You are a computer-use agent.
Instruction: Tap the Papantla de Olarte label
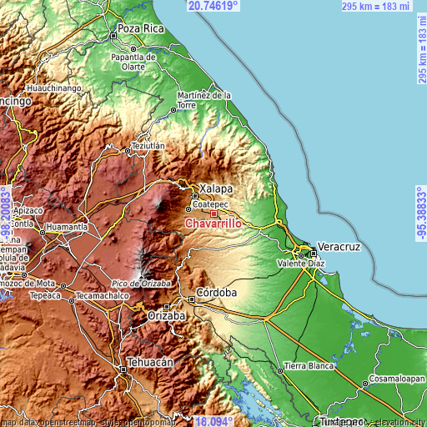[x=134, y=62]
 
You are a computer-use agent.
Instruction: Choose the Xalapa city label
[x=215, y=189]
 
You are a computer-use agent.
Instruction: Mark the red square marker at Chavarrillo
[x=213, y=214]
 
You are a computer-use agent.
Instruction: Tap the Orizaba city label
[x=167, y=318]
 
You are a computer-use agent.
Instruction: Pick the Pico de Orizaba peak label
[x=140, y=284]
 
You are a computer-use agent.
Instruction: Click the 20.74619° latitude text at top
[x=213, y=6]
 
